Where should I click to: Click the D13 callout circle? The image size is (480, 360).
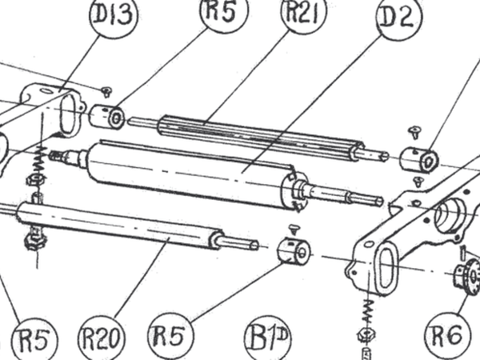point(114,15)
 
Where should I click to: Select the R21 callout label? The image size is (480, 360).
point(304,12)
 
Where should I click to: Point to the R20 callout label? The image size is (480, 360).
point(102,338)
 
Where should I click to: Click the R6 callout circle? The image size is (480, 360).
point(448,334)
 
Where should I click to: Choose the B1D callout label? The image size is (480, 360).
point(268,338)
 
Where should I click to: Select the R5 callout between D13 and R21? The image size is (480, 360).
point(224,12)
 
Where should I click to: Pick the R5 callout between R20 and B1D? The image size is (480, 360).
point(170,335)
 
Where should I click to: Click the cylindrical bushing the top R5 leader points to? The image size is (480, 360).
point(107,117)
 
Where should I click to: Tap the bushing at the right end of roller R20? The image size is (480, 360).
point(294,251)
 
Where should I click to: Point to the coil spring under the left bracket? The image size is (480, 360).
point(40,161)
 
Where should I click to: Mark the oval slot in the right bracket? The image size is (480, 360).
point(387,267)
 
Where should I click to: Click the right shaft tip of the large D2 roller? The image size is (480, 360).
point(379,201)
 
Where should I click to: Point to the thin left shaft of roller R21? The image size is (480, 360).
point(143,122)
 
